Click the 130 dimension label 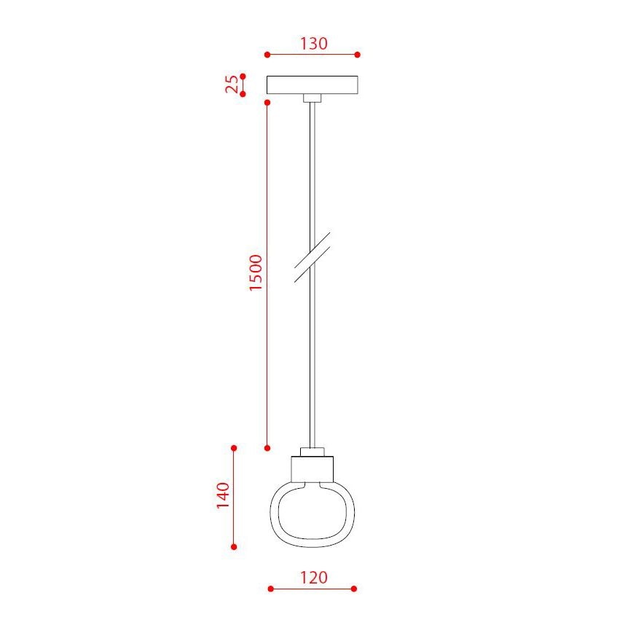pyautogui.click(x=313, y=44)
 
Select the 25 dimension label pyautogui.click(x=232, y=85)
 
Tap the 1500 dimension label pyautogui.click(x=256, y=273)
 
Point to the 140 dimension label pyautogui.click(x=223, y=496)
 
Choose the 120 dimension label pyautogui.click(x=313, y=578)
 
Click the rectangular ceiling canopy pyautogui.click(x=313, y=85)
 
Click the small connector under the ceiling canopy pyautogui.click(x=313, y=98)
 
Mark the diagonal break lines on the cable pyautogui.click(x=313, y=257)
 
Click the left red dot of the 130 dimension pyautogui.click(x=267, y=55)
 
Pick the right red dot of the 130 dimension pyautogui.click(x=358, y=55)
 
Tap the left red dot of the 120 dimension pyautogui.click(x=270, y=589)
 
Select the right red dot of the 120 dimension pyautogui.click(x=354, y=589)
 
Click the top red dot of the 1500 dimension pyautogui.click(x=267, y=103)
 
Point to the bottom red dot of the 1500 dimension pyautogui.click(x=267, y=447)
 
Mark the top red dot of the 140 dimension pyautogui.click(x=234, y=447)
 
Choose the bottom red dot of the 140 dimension pyautogui.click(x=234, y=546)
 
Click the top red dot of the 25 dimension pyautogui.click(x=243, y=76)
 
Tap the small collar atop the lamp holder pyautogui.click(x=313, y=452)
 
